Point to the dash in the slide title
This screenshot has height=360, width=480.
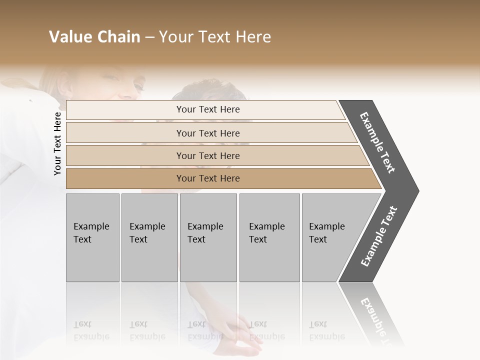149,37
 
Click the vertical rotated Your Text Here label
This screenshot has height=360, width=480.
57,143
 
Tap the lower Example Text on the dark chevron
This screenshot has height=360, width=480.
379,236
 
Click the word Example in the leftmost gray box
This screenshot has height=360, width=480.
91,226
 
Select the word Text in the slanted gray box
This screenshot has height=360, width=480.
318,239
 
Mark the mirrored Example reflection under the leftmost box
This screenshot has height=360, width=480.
91,337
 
